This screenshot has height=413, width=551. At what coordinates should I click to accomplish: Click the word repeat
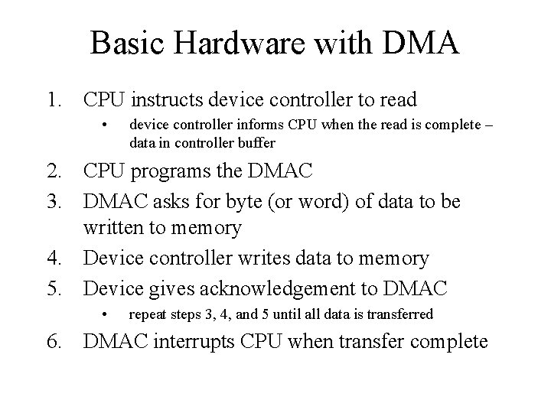148,314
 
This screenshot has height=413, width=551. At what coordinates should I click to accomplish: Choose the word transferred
401,314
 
